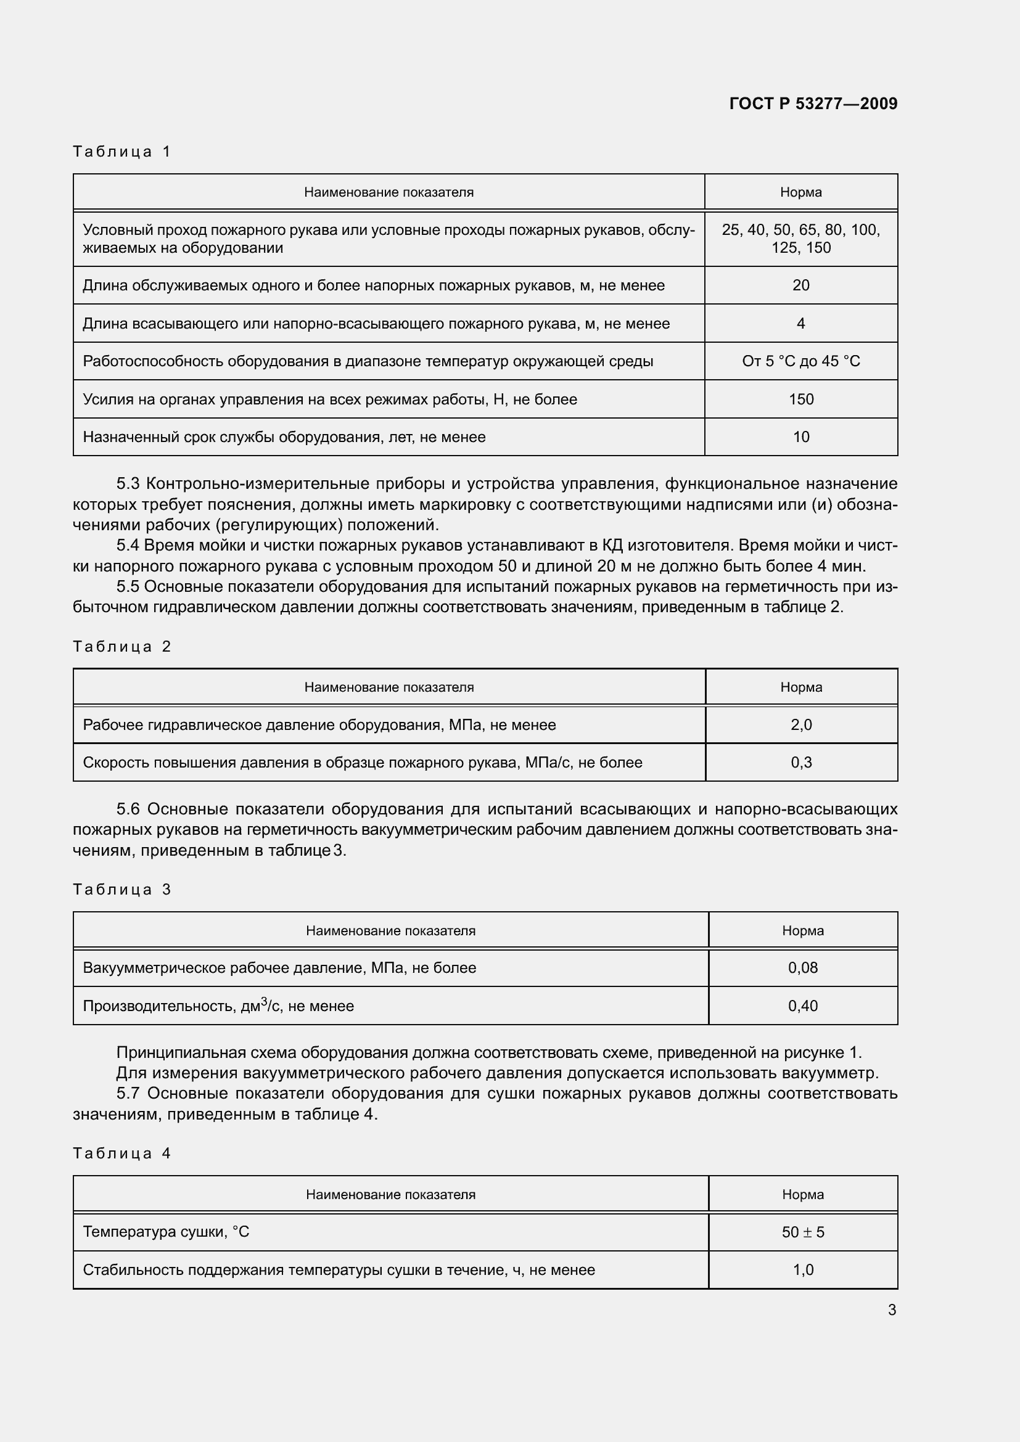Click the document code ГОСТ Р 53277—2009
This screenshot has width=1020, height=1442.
(813, 104)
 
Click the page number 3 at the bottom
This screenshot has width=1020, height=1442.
(892, 1309)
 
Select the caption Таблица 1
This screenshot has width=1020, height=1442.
(122, 152)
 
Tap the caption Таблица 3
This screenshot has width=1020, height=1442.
(122, 890)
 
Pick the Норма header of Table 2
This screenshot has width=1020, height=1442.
(801, 687)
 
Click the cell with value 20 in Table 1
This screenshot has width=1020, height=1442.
(801, 285)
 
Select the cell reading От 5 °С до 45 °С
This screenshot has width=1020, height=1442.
(801, 361)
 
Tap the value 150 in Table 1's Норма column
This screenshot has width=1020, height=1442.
(801, 399)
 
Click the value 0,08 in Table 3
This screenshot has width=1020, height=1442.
(803, 968)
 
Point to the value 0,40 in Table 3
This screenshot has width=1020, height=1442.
(803, 1006)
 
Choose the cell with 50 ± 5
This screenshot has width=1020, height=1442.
(803, 1232)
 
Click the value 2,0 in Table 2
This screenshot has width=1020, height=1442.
(801, 725)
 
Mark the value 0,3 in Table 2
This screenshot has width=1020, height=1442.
(801, 763)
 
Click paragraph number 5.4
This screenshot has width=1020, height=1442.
(130, 545)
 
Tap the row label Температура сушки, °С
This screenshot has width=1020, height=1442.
(166, 1232)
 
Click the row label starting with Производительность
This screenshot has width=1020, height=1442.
(218, 1006)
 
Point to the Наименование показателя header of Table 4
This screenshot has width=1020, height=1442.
(390, 1195)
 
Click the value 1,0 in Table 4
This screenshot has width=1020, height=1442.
(803, 1270)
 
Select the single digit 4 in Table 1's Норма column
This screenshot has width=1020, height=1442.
(801, 324)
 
